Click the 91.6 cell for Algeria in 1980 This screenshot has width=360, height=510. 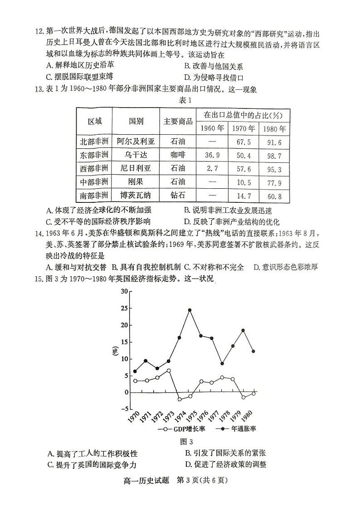(x=274, y=142)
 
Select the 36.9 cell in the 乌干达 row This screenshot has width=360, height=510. (x=212, y=155)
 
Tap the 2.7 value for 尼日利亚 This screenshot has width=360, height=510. (x=212, y=169)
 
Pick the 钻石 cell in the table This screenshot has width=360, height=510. (x=178, y=196)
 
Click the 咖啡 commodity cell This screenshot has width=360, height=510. (x=178, y=155)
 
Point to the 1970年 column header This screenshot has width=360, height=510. (x=243, y=128)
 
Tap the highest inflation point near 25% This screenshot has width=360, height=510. (x=190, y=310)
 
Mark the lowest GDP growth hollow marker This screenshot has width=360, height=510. (x=180, y=399)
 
